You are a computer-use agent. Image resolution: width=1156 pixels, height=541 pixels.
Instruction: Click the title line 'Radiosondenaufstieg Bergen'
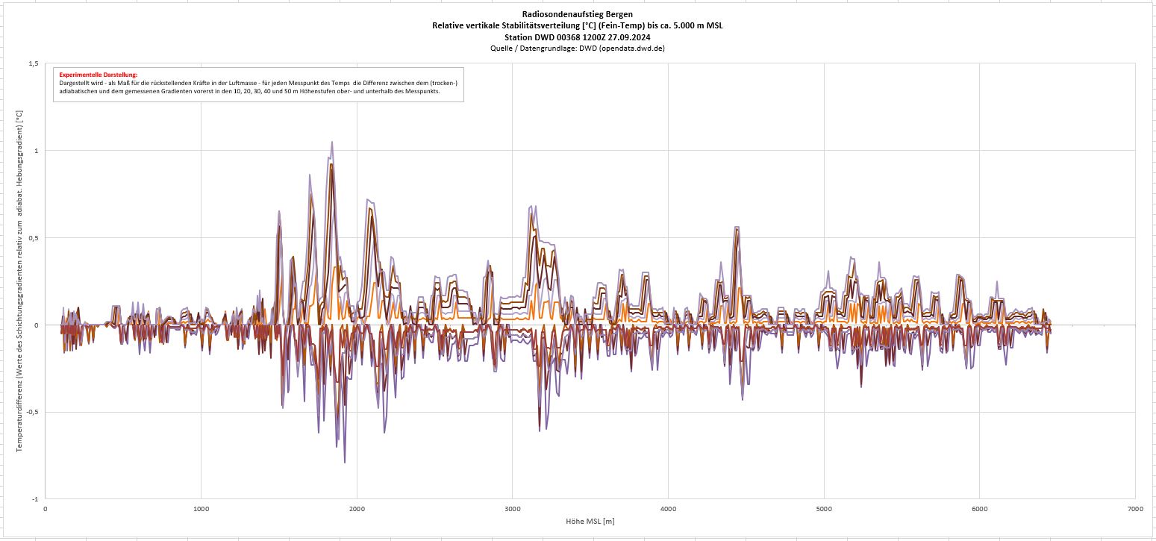click(578, 15)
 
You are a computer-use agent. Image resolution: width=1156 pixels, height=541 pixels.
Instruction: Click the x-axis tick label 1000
click(201, 509)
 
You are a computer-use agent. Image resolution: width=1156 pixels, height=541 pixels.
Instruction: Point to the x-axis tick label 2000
click(357, 509)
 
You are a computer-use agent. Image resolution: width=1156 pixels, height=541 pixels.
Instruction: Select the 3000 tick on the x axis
click(512, 509)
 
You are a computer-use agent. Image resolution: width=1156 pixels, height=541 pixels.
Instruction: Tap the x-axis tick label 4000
click(668, 509)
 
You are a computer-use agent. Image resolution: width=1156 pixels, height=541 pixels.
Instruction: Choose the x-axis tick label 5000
click(824, 509)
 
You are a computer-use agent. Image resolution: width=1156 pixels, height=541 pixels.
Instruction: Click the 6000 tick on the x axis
click(980, 509)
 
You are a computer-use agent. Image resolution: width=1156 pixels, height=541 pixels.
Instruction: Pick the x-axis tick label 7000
click(1135, 509)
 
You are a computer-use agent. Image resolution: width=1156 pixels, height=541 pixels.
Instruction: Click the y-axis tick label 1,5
click(33, 63)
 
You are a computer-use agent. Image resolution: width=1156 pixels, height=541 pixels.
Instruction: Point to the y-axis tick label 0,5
click(33, 238)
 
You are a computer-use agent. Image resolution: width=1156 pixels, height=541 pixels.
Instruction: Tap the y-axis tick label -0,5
click(31, 412)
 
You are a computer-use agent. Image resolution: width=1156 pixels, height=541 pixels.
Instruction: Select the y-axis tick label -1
click(35, 499)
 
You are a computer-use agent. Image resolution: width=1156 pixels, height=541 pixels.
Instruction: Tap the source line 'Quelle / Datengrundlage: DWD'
click(578, 48)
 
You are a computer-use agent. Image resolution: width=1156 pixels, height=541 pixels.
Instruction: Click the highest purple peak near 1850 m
click(331, 142)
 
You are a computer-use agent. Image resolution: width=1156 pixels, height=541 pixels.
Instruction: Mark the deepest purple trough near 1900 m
click(344, 463)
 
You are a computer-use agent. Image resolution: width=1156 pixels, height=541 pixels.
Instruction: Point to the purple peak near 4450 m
click(737, 227)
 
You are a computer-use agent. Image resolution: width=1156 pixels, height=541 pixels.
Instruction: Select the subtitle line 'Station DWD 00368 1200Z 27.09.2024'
click(578, 37)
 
